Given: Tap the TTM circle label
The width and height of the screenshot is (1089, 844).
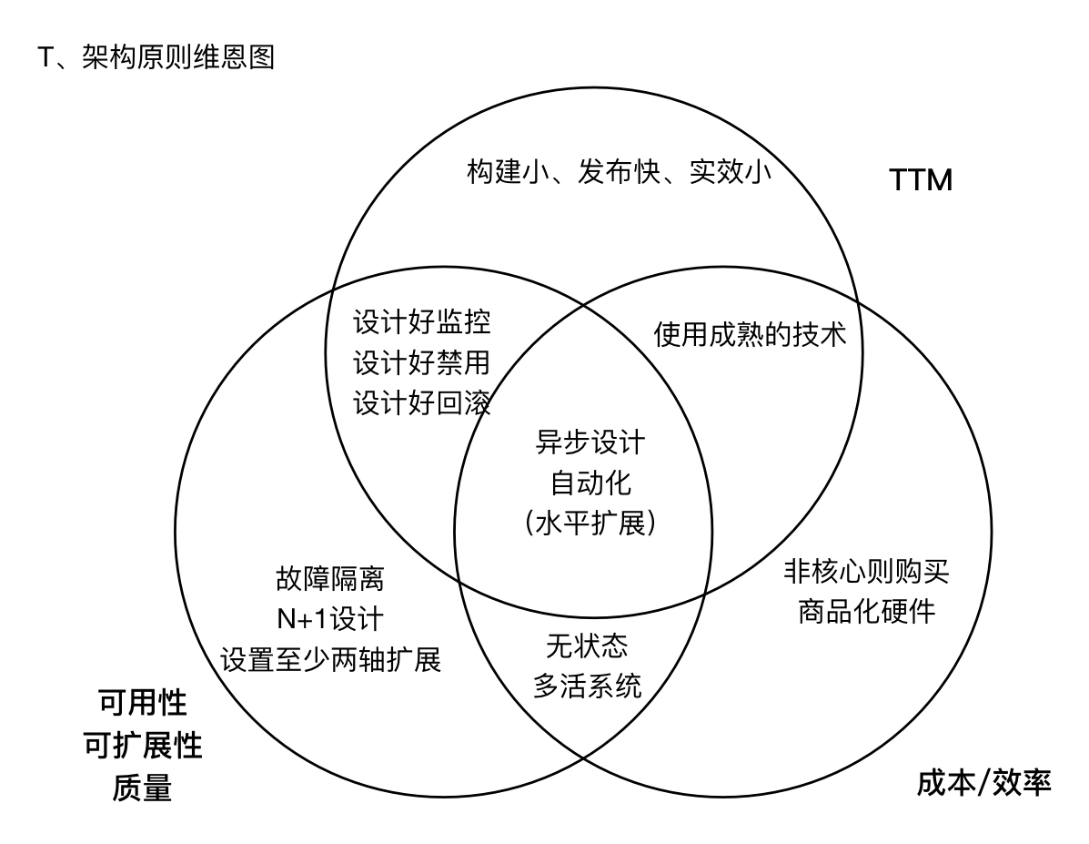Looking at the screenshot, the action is (920, 181).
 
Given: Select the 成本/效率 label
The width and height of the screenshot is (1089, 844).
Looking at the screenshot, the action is (983, 782).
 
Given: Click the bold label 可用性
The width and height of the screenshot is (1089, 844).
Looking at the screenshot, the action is (142, 703).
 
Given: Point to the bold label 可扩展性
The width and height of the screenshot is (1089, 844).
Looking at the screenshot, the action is (142, 746).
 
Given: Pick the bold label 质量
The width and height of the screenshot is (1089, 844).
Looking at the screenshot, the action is (142, 788).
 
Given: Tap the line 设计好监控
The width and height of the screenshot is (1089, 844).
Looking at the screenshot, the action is (422, 321).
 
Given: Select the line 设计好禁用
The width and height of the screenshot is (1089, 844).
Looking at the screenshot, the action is (422, 361).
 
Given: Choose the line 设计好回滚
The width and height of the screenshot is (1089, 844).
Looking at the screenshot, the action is (422, 402).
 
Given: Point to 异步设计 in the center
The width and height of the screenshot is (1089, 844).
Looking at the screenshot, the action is (590, 442).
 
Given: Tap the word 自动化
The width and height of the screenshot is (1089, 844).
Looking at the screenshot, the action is (590, 483).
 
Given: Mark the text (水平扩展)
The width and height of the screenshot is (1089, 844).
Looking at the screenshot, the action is (590, 524).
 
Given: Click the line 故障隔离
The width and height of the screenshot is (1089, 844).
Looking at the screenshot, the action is (330, 578).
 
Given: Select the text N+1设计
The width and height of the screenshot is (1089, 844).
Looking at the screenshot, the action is (330, 618).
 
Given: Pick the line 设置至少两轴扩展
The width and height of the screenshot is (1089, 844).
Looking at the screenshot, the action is (330, 658).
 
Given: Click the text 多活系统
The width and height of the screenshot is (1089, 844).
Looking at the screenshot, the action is (587, 685).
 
